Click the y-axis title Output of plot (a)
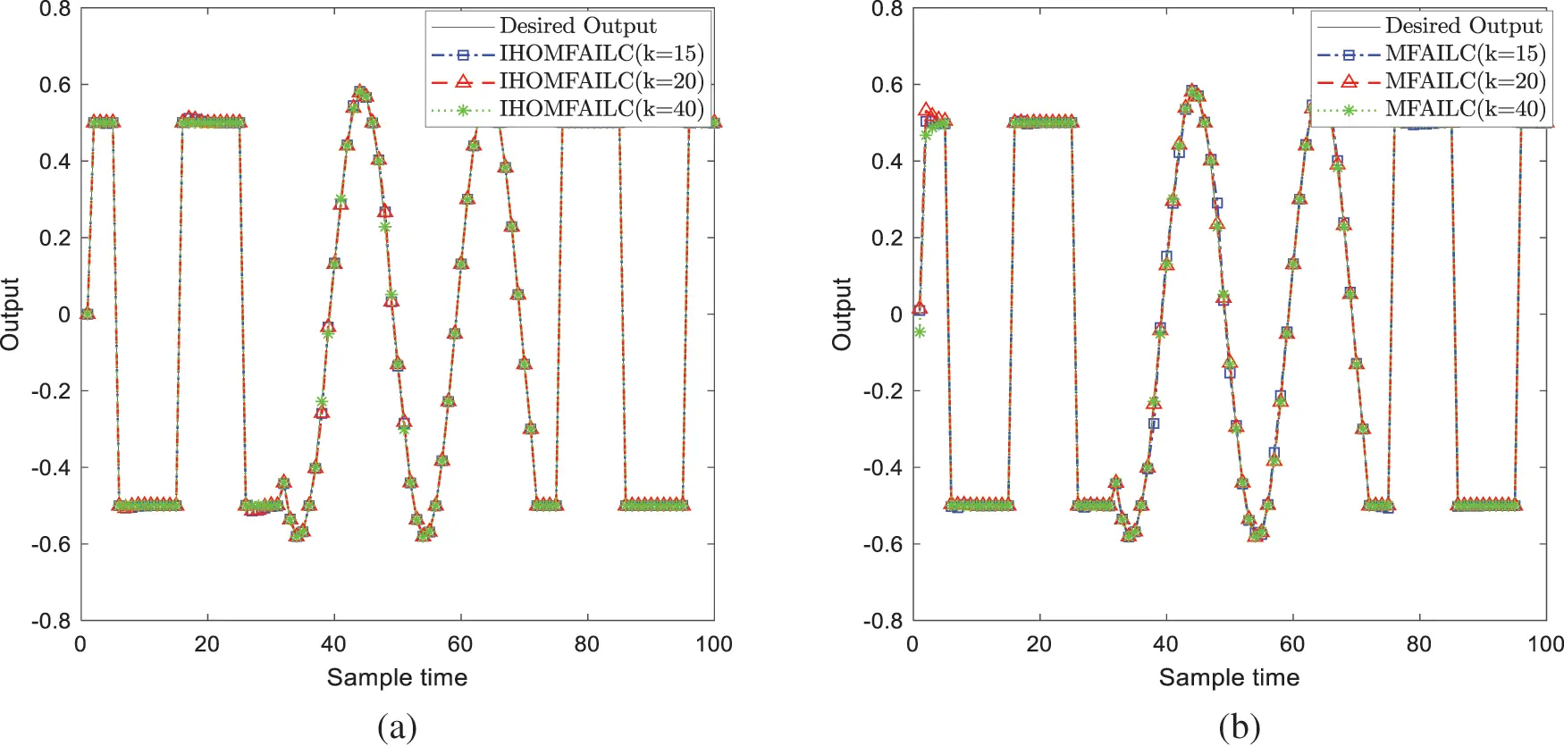11,314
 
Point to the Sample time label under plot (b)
1229,677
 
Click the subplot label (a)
397,727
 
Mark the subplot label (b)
1239,727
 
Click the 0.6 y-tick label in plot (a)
54,85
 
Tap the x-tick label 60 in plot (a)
460,644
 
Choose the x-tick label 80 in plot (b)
1418,644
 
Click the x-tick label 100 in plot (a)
713,644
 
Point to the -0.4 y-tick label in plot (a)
50,467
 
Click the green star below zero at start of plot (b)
919,332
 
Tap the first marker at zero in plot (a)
87,314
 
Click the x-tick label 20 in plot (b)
1038,644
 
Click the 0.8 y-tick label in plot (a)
54,9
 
